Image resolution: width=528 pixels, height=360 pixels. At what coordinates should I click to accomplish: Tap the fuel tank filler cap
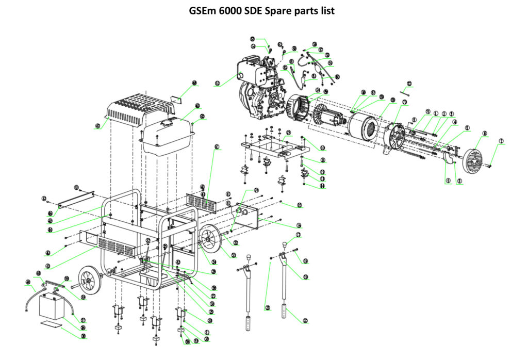click(x=168, y=122)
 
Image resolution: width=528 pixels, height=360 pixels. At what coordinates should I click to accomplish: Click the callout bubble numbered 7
click(x=501, y=141)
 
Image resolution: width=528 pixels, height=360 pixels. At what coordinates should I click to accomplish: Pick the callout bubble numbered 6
click(x=484, y=134)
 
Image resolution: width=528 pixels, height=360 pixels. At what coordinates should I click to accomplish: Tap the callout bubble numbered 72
click(x=410, y=84)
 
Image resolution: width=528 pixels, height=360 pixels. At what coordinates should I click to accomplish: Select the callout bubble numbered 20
click(x=305, y=321)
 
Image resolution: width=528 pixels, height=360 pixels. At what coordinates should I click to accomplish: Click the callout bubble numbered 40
click(x=27, y=282)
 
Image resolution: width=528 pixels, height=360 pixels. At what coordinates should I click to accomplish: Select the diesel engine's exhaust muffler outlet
click(x=239, y=76)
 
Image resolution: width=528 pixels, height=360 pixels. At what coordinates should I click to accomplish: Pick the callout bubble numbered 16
click(x=299, y=225)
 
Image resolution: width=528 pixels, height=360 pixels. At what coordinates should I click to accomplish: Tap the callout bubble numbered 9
click(x=448, y=181)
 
